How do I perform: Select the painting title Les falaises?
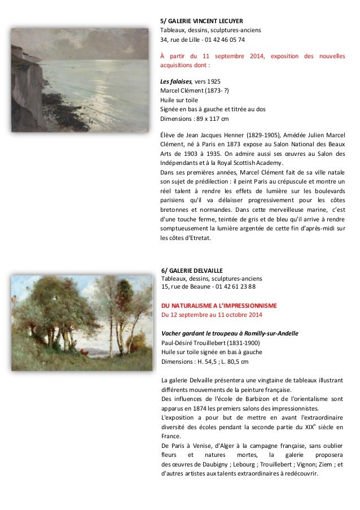coord(177,81)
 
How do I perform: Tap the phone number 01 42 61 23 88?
coord(233,286)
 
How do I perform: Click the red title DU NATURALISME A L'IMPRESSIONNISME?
coord(219,305)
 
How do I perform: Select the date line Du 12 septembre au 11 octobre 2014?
coord(212,315)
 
